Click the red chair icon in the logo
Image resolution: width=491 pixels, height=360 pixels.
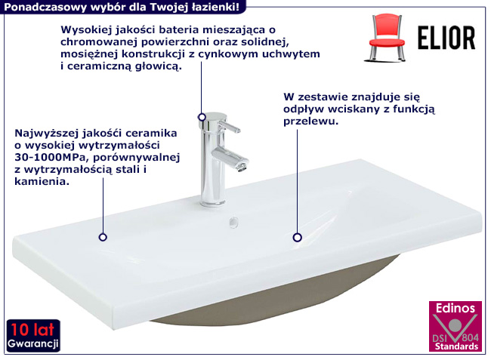[x=387, y=37]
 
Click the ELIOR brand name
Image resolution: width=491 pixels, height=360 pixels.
[x=446, y=38]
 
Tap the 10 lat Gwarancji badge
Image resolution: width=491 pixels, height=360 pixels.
[x=33, y=336]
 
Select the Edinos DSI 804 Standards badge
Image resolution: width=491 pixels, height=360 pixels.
[x=455, y=326]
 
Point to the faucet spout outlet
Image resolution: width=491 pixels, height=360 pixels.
[x=242, y=167]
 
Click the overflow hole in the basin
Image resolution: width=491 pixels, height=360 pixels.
[x=233, y=223]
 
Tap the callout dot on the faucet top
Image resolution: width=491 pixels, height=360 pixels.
[x=202, y=117]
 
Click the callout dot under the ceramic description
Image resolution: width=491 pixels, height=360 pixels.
[x=103, y=237]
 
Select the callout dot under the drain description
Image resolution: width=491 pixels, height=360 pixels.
[x=297, y=238]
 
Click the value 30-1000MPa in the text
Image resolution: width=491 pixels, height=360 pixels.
[x=51, y=157]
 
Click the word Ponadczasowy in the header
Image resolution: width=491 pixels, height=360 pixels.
[x=45, y=7]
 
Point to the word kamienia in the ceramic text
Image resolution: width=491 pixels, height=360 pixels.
[x=40, y=181]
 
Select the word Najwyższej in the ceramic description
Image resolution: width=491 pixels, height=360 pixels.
[x=47, y=134]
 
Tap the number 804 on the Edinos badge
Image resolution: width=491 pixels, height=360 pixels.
[x=471, y=337]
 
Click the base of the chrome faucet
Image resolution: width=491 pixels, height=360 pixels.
[x=212, y=202]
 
